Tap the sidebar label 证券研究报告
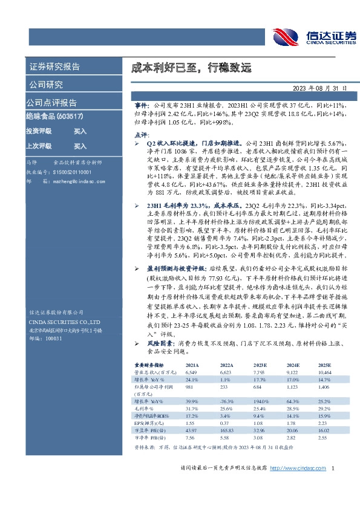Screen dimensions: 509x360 click(x=54, y=66)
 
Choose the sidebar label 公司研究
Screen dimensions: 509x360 click(x=46, y=84)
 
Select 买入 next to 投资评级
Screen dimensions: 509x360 click(x=80, y=131)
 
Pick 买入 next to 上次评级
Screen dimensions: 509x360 click(x=80, y=146)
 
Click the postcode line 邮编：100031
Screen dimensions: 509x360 click(x=46, y=339)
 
